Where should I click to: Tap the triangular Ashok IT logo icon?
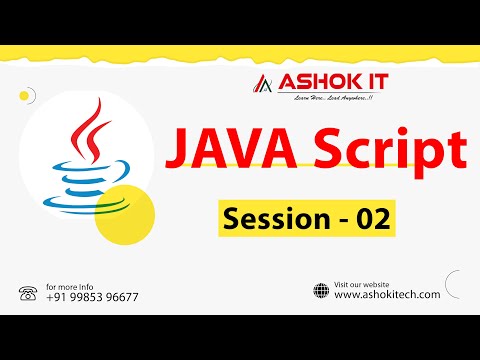point(263,83)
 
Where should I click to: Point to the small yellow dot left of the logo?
point(22,97)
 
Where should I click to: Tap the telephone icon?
point(27,293)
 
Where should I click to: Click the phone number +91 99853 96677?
point(92,297)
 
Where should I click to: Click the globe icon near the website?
point(321,291)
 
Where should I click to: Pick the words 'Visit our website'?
point(363,283)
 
